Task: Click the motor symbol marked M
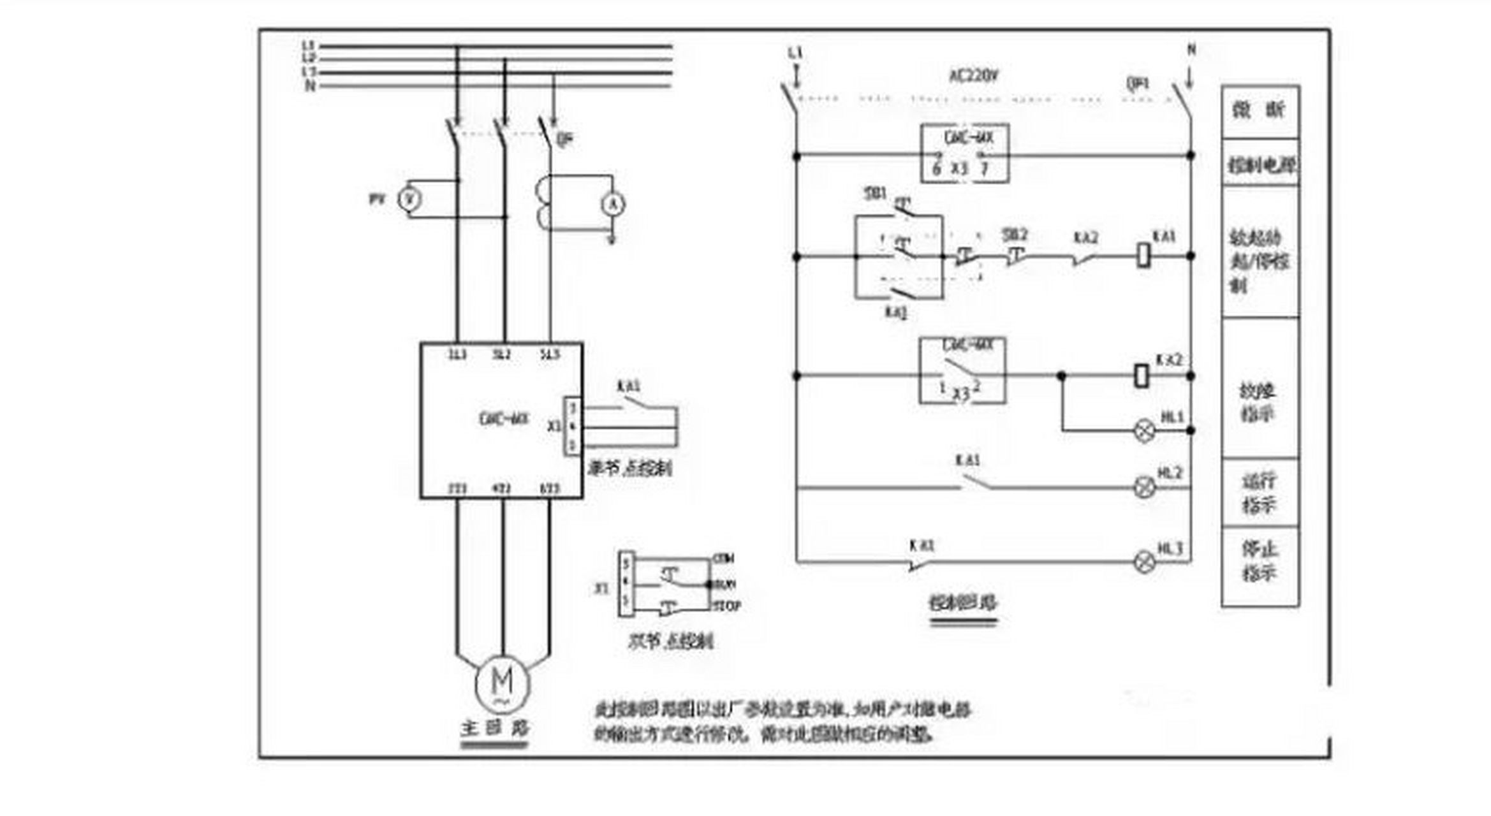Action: (x=502, y=683)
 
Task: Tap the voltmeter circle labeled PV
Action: (x=409, y=200)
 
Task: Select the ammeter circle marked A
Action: (x=613, y=204)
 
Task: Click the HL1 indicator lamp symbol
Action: (x=1144, y=431)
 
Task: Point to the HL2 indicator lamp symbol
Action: (x=1144, y=488)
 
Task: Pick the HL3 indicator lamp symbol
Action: (x=1144, y=562)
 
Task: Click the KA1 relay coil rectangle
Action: (x=1144, y=256)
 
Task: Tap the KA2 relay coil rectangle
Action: (x=1142, y=375)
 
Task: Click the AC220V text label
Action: (x=974, y=76)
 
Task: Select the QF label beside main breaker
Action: (x=564, y=138)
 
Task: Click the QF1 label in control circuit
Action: (x=1137, y=84)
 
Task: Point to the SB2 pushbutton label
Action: (x=1015, y=235)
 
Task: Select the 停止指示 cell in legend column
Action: (x=1260, y=561)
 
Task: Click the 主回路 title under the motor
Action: (x=495, y=728)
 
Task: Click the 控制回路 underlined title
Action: (x=963, y=602)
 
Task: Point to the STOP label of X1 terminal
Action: (x=727, y=606)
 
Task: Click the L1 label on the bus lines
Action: (x=308, y=45)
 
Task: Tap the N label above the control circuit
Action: (x=1191, y=49)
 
